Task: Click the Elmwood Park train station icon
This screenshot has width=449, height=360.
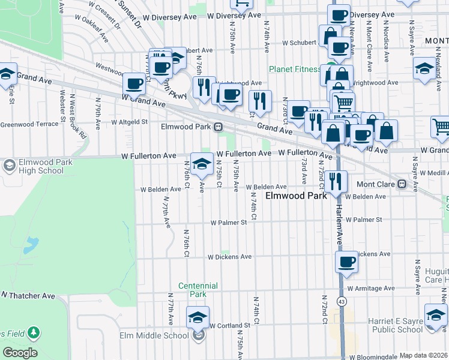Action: coord(218,127)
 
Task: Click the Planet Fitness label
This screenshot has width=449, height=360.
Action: coord(294,69)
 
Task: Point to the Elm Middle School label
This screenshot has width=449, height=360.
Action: coord(154,335)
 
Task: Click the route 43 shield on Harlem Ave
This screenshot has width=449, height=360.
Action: coord(342,301)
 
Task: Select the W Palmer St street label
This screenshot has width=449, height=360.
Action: coord(228,223)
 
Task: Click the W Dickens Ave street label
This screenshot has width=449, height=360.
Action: coord(229,256)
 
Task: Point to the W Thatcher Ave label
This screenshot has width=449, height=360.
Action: coord(28,296)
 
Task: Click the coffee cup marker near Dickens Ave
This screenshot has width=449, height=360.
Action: coord(346,262)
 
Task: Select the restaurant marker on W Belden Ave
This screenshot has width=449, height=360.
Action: coord(336,181)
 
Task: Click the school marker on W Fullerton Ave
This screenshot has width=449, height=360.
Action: coord(202,163)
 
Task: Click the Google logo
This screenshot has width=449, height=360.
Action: coord(20,353)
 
